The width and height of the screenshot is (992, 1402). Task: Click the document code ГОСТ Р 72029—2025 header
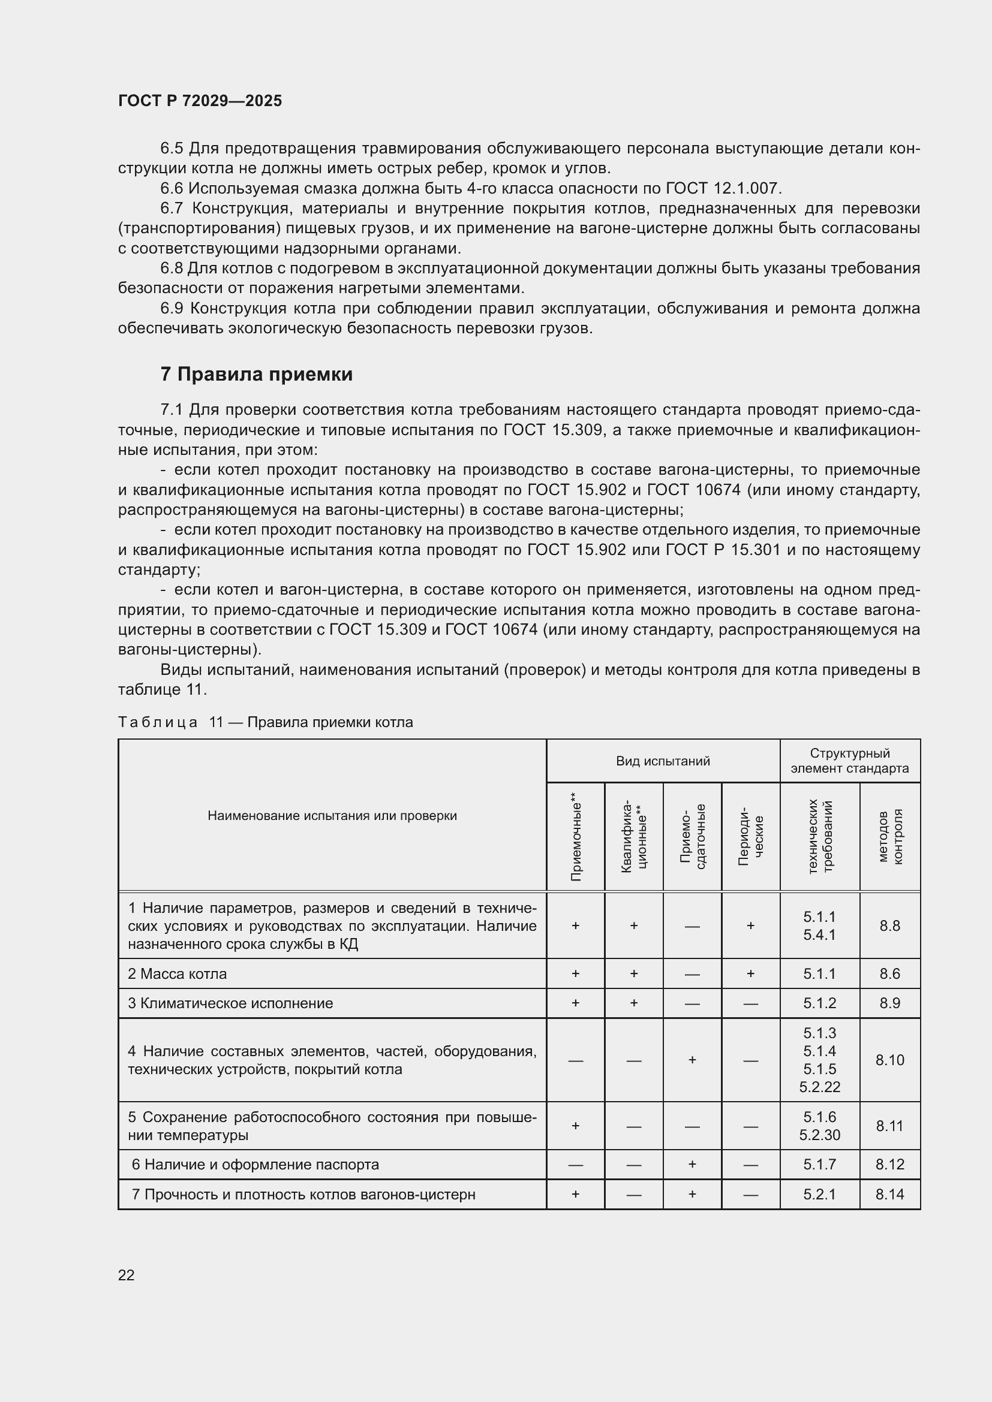tap(200, 101)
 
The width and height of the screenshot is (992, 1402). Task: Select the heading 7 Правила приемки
tap(257, 373)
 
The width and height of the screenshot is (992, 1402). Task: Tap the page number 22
tap(127, 1275)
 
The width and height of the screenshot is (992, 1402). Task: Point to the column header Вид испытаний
tap(663, 761)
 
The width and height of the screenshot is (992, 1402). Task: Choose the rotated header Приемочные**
tap(575, 837)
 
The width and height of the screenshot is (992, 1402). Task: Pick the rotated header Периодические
tap(751, 837)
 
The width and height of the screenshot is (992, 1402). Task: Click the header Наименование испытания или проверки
tap(332, 816)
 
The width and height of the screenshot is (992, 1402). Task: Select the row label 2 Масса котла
tap(177, 974)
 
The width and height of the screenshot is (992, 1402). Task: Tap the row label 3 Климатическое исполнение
tap(230, 1003)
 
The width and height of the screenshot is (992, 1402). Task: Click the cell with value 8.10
tap(890, 1060)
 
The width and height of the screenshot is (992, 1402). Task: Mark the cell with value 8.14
tap(890, 1195)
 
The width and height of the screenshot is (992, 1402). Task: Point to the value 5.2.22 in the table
tap(820, 1087)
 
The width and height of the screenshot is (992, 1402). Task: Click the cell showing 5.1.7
tap(820, 1165)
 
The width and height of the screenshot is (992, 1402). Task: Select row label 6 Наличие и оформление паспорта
tap(255, 1165)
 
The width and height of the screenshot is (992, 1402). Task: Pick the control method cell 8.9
tap(890, 1003)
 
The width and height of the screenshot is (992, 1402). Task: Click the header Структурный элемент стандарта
tap(850, 761)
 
